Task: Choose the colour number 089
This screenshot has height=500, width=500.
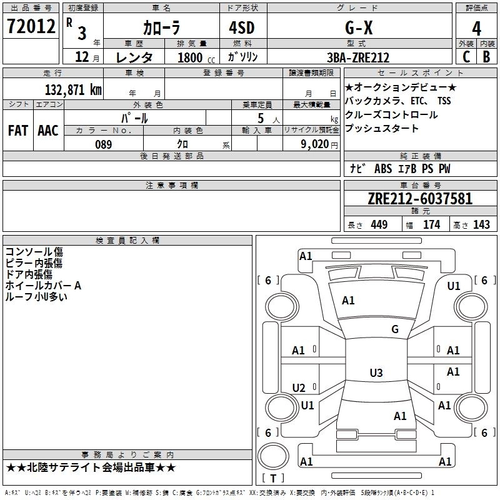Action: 104,144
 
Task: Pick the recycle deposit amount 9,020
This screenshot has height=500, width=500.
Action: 316,144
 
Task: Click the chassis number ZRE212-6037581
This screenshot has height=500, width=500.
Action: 420,199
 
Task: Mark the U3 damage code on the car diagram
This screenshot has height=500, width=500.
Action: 376,373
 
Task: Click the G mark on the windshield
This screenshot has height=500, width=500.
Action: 394,329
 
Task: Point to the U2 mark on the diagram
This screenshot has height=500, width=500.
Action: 299,388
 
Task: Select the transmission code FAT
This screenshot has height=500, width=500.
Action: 18,131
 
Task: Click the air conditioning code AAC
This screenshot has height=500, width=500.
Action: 47,131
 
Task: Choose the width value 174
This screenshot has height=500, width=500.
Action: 431,225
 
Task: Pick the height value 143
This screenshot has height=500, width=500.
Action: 481,225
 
